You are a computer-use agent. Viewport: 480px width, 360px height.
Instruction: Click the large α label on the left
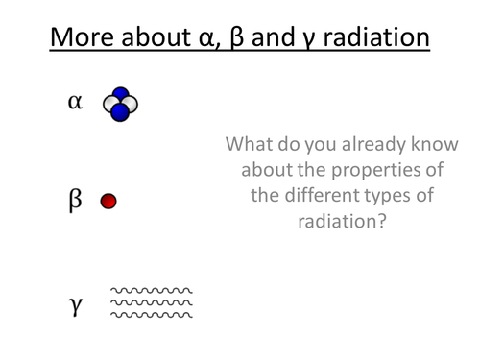point(75,102)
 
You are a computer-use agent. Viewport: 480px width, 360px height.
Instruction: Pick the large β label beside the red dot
point(76,200)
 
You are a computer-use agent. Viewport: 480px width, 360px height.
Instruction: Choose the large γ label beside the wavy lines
point(76,304)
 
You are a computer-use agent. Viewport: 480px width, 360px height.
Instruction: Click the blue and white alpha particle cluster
point(120,105)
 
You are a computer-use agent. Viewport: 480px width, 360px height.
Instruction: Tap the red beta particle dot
point(108,201)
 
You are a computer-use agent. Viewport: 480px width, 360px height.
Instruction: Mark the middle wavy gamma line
point(152,302)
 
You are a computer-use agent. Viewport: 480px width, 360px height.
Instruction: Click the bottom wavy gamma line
point(152,314)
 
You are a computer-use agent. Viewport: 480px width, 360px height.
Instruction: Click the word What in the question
point(252,146)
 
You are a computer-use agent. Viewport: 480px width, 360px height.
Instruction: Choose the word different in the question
point(325,196)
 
